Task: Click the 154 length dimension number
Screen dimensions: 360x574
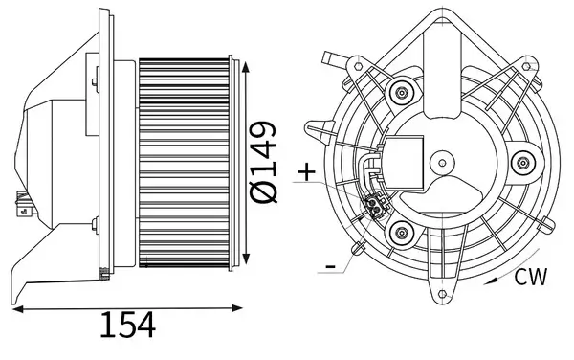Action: point(127,326)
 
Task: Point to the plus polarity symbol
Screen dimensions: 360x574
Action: point(306,172)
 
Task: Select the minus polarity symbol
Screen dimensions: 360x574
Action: point(329,263)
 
